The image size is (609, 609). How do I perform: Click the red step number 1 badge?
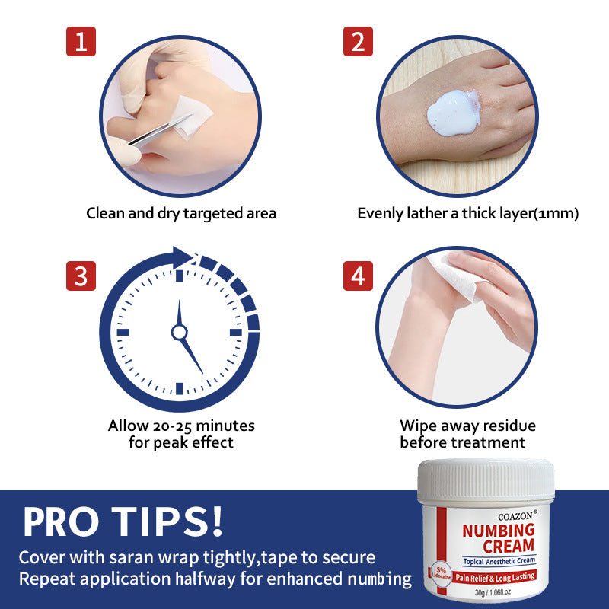pos(81,41)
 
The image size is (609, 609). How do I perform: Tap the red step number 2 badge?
pos(358,41)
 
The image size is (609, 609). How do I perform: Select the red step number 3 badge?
pos(81,276)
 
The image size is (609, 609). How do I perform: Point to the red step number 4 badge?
pos(358,276)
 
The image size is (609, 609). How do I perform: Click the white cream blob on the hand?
pos(454,113)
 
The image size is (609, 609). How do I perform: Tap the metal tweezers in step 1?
pos(160,129)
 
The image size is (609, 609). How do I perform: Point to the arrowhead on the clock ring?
pos(183,257)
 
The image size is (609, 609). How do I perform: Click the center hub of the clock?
pos(179,332)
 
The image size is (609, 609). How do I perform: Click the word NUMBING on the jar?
pos(499,530)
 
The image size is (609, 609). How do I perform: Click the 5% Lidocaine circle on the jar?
pos(441,573)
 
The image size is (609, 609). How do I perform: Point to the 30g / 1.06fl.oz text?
pos(493,592)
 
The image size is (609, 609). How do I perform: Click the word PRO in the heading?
pos(61,521)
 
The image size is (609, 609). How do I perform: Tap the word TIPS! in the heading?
pos(167,521)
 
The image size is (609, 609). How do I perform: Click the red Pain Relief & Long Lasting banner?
pos(496,577)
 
